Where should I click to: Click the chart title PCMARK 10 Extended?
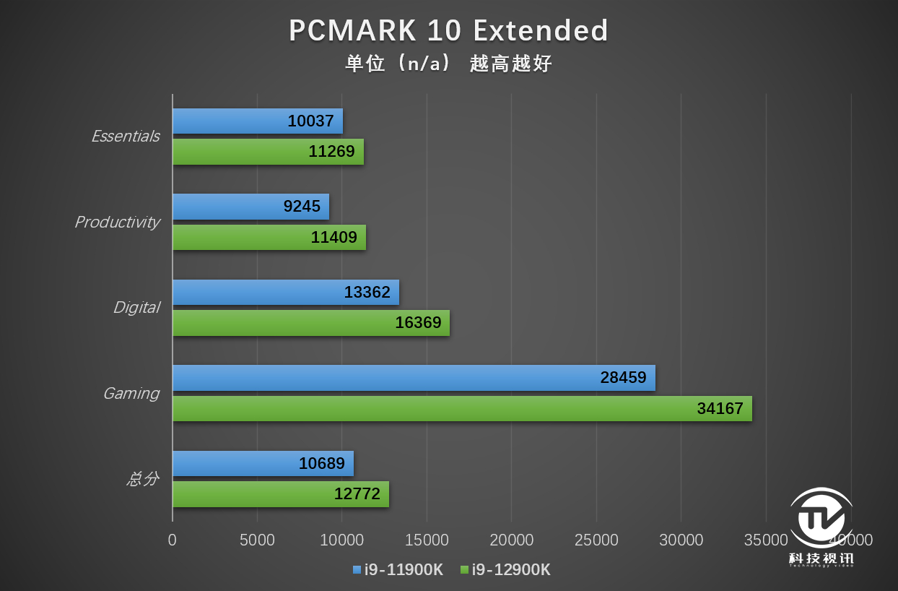click(448, 31)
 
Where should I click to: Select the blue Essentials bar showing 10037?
click(258, 121)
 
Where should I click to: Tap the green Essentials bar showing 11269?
click(268, 152)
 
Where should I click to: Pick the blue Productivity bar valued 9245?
click(250, 207)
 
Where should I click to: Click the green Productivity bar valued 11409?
click(269, 237)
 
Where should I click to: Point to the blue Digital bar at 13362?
click(286, 292)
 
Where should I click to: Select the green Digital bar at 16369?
click(311, 323)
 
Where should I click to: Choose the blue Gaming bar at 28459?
click(414, 377)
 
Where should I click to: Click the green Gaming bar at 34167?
click(462, 408)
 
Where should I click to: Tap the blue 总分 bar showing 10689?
click(263, 463)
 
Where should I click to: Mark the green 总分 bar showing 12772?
click(281, 494)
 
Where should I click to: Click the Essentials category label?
click(126, 136)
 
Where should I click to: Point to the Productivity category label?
click(117, 222)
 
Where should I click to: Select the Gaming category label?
click(131, 393)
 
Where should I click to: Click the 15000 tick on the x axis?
click(427, 540)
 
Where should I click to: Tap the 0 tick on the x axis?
click(173, 540)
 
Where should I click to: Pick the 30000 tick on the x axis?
click(681, 540)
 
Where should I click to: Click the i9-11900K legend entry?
click(398, 570)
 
